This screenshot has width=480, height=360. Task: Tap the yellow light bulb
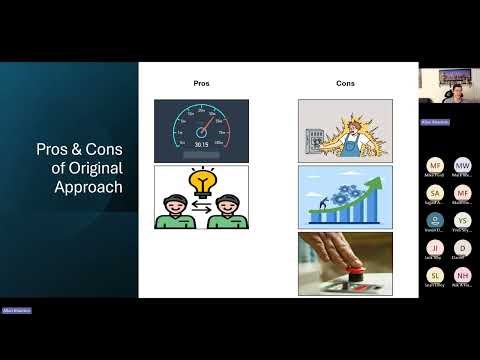(201, 183)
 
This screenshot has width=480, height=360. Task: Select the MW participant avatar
(462, 165)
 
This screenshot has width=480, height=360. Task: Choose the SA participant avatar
(435, 192)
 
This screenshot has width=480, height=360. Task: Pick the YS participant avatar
(462, 220)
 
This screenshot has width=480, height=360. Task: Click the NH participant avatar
(462, 275)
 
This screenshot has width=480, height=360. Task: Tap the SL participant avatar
(435, 275)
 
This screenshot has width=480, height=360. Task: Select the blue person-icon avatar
(435, 220)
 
